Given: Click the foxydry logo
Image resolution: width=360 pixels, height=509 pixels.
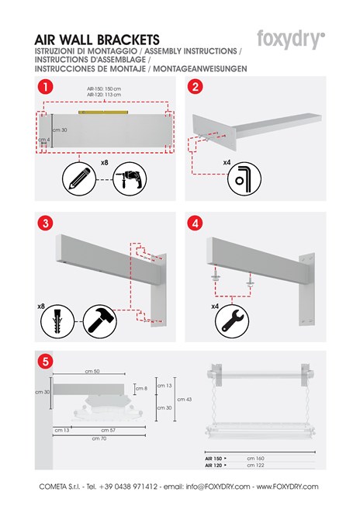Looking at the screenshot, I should (290, 40).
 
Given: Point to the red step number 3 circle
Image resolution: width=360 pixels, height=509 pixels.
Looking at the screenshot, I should (46, 223).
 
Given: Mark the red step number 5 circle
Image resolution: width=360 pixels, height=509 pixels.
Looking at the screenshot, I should (46, 361).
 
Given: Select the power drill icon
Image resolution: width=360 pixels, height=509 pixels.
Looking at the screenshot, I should (129, 180).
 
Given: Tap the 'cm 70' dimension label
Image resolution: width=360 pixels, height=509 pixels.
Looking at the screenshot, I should (99, 438).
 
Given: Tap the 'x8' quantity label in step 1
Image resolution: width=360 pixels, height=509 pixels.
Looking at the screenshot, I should (105, 163).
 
